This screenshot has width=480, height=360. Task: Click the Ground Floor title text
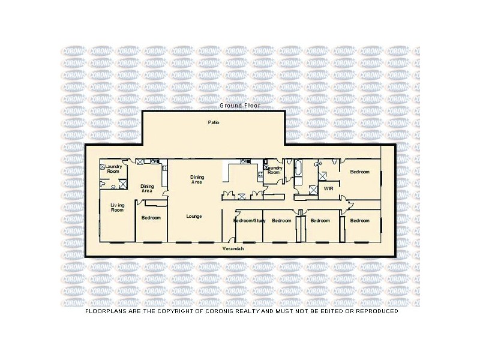pos(239,106)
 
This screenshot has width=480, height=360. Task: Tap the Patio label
pos(213,122)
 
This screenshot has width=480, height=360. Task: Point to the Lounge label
pos(194,216)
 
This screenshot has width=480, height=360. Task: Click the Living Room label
pos(117,208)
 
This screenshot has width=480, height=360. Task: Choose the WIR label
pos(328,188)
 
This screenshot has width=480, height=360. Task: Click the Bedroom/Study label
pos(249,221)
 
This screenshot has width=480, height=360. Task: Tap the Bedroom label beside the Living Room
pos(151,218)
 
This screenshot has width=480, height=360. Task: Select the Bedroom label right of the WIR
pos(360,172)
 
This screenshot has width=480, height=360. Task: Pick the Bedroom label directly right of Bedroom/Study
pos(281,221)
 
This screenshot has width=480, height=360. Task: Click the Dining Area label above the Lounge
pos(197,179)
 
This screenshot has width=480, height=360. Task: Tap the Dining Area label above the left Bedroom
pos(148,188)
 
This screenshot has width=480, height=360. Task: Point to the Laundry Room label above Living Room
pos(113,169)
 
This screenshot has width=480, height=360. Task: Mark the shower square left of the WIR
pos(313,190)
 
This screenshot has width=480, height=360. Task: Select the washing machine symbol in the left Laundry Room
pos(103,166)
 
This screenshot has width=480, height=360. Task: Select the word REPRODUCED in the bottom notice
pos(372,311)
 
